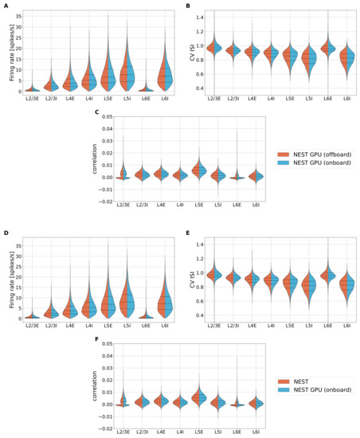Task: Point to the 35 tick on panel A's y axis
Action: point(18,14)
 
